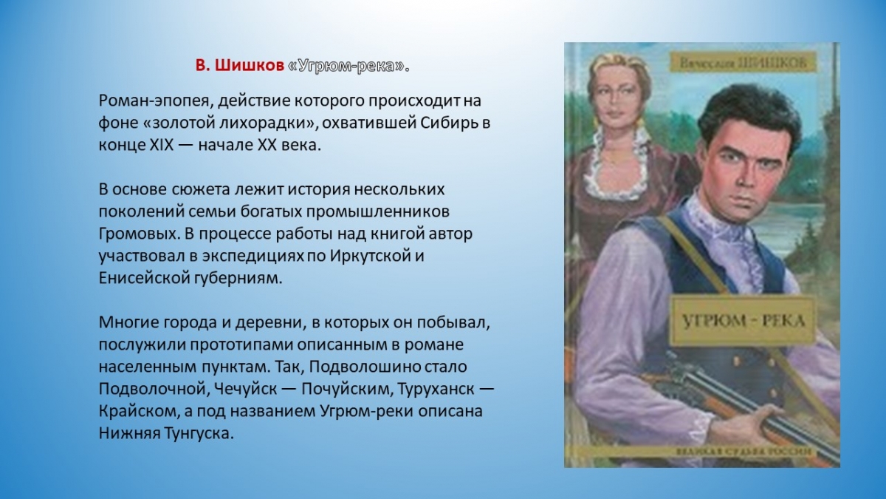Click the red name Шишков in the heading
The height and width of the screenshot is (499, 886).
[250, 66]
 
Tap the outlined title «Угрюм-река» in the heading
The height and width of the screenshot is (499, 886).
[346, 66]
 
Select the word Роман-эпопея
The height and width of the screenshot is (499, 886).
[154, 101]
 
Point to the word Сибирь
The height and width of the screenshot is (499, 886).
[447, 123]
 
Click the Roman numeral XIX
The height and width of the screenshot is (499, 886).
[162, 146]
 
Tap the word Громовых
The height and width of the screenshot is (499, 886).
[137, 234]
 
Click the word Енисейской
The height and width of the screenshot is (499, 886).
[143, 279]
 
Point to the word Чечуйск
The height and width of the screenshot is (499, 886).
[245, 390]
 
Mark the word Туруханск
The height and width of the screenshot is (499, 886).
[436, 390]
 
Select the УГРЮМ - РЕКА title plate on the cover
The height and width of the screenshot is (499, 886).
[744, 320]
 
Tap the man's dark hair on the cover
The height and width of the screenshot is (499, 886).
[747, 115]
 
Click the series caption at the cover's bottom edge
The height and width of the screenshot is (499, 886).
[744, 452]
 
